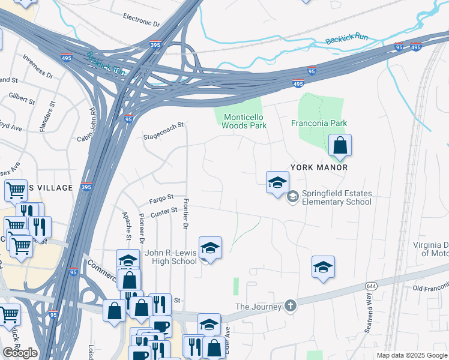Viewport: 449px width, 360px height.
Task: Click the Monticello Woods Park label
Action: (244, 121)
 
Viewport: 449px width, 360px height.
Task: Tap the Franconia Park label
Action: (319, 123)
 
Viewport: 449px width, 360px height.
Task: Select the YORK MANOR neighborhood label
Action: (319, 167)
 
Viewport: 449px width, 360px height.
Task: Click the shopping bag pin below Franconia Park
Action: (340, 146)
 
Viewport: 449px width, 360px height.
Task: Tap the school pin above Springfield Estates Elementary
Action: (277, 183)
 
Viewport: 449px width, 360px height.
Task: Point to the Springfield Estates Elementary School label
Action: (337, 197)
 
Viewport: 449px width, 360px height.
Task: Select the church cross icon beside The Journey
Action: (291, 306)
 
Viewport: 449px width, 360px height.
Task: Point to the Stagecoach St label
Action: (163, 131)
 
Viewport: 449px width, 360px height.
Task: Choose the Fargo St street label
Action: (161, 197)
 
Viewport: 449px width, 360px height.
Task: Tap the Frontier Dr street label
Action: (185, 214)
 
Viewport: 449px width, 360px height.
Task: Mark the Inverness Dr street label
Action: (38, 67)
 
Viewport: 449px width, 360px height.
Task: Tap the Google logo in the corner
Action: (20, 353)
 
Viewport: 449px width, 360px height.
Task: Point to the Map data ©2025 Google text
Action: (411, 355)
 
